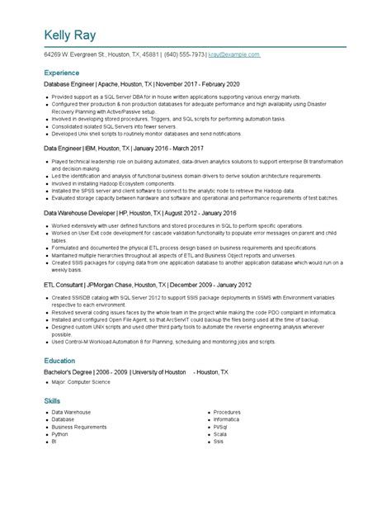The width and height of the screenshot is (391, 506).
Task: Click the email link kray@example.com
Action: click(234, 54)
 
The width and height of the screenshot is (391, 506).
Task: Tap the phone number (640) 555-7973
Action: click(186, 54)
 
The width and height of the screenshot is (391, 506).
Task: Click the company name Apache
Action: click(109, 84)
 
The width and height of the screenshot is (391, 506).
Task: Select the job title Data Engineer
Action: click(68, 149)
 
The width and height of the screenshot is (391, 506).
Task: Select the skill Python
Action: click(59, 433)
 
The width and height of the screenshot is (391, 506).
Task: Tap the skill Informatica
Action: click(225, 419)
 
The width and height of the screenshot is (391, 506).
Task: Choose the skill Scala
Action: click(220, 433)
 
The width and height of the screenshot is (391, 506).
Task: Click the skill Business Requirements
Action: click(78, 426)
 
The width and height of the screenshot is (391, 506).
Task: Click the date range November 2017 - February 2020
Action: click(200, 84)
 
